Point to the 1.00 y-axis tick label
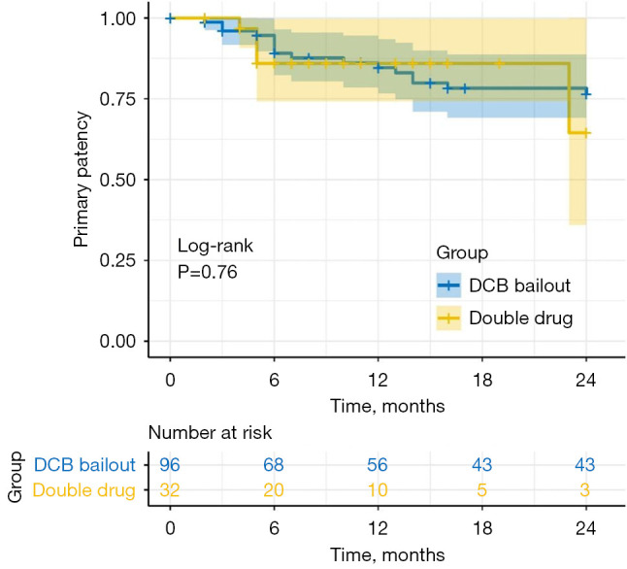click(121, 18)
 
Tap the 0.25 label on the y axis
click(121, 260)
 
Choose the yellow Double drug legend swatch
click(448, 318)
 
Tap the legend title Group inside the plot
click(461, 252)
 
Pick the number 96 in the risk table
click(170, 465)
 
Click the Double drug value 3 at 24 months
click(585, 491)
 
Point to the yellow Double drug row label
click(84, 491)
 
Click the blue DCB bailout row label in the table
click(84, 465)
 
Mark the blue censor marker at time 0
click(170, 18)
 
